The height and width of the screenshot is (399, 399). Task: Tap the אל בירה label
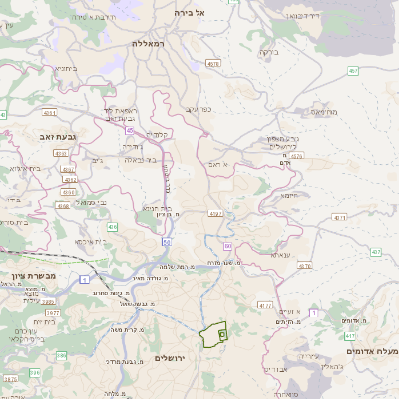pyautogui.click(x=189, y=12)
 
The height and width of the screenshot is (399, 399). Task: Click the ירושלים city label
pyautogui.click(x=171, y=357)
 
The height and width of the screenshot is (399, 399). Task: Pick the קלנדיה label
pyautogui.click(x=159, y=134)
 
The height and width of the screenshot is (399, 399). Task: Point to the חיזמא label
pyautogui.click(x=290, y=196)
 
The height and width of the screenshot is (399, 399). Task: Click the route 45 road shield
pyautogui.click(x=129, y=130)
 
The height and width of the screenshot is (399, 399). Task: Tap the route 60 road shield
pyautogui.click(x=227, y=245)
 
